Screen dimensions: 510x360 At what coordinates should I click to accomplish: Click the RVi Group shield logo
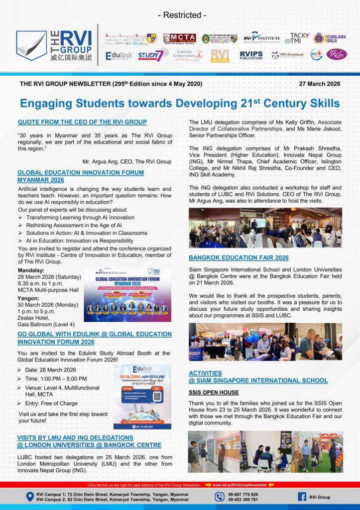click(x=31, y=45)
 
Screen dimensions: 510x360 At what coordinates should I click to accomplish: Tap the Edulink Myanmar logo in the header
click(x=119, y=55)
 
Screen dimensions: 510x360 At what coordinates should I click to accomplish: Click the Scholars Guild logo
click(x=329, y=38)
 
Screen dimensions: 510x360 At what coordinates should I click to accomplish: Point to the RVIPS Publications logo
click(x=251, y=55)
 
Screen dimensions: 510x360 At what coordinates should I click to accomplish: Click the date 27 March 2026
click(x=320, y=84)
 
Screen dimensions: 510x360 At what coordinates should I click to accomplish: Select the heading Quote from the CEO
click(x=82, y=122)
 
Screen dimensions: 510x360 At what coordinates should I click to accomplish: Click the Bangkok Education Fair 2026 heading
click(x=239, y=257)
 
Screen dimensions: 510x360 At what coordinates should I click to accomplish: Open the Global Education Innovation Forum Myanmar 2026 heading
click(x=81, y=176)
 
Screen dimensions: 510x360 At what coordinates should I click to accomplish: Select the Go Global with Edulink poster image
click(x=142, y=396)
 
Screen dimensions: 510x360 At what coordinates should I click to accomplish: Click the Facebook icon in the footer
click(x=302, y=497)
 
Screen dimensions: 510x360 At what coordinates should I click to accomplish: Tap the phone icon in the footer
click(x=220, y=497)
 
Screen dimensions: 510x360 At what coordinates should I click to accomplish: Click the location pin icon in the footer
click(x=29, y=497)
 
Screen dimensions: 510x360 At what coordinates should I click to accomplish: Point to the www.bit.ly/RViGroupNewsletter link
click(x=240, y=484)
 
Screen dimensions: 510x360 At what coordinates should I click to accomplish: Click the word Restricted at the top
click(x=180, y=15)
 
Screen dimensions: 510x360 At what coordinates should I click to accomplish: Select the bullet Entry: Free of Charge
click(x=51, y=403)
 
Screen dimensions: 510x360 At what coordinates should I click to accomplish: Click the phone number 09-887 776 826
click(x=243, y=494)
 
